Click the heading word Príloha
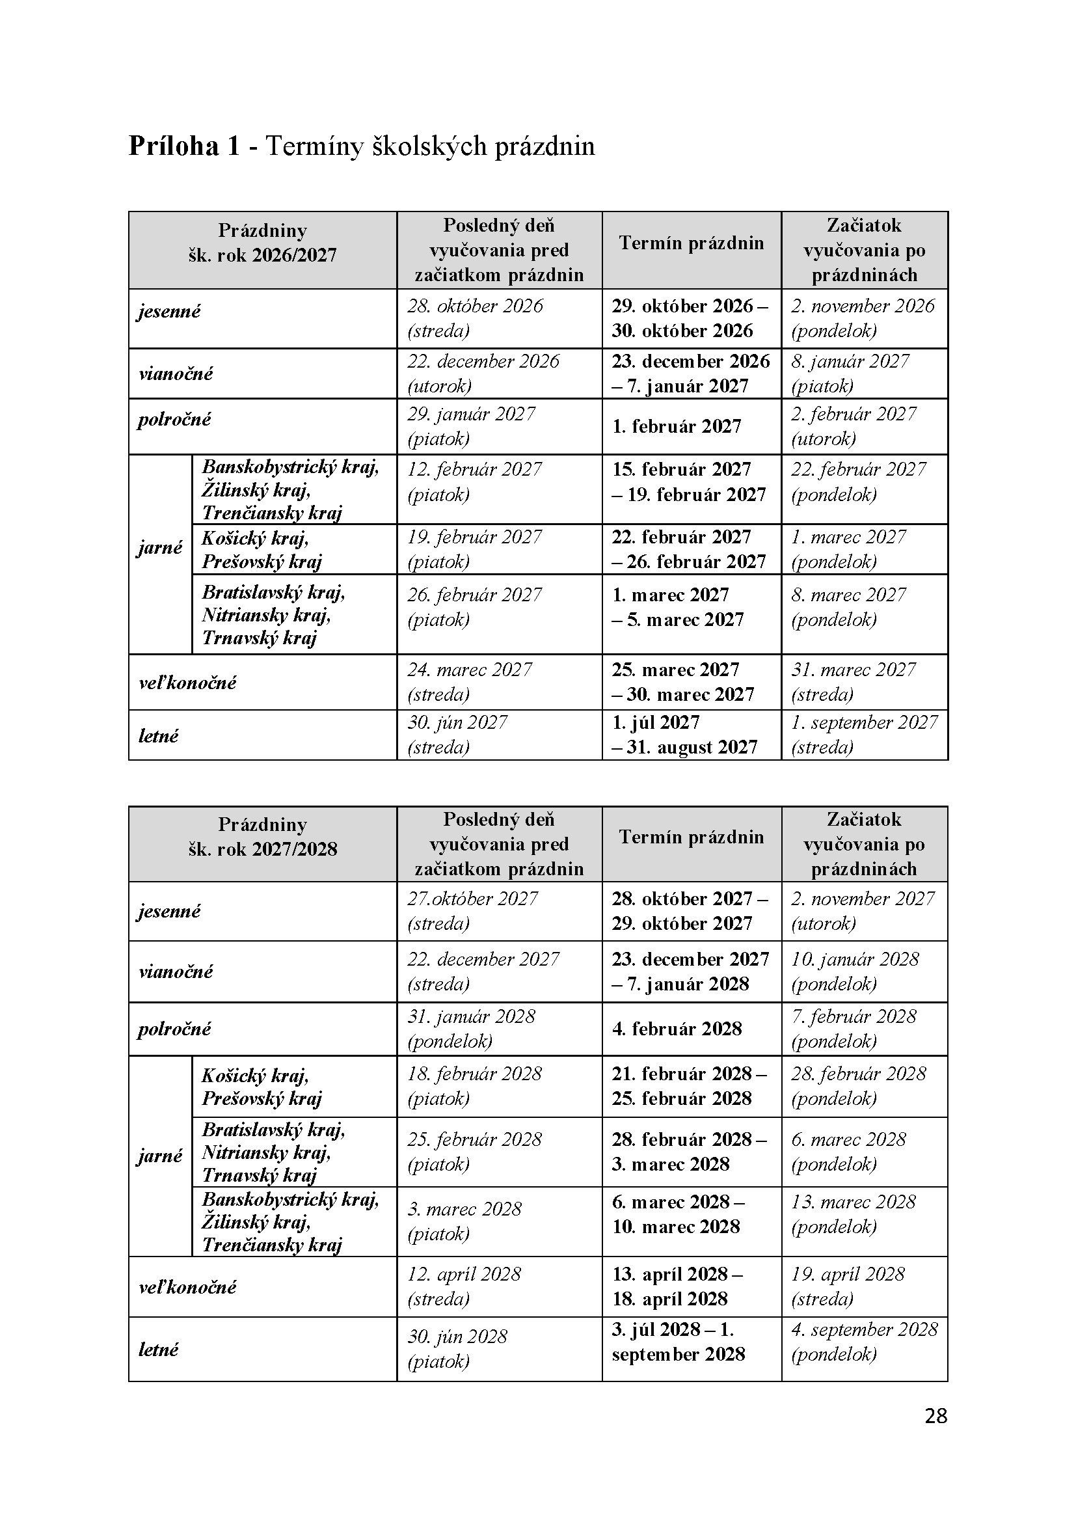pos(173,146)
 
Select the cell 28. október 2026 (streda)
pos(475,318)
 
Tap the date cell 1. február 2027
pos(677,426)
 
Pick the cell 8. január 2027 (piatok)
pos(850,374)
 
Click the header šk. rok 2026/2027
pos(262,255)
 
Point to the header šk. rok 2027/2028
pos(262,849)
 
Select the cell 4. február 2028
pos(677,1029)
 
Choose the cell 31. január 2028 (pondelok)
pos(471,1029)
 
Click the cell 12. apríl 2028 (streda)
pos(464,1286)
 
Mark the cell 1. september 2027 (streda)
pos(864,735)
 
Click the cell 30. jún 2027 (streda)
pos(457,735)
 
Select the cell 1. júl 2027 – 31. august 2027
pos(684,735)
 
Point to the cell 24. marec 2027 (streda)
pos(469,681)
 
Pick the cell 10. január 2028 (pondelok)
pos(855,971)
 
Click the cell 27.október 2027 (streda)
pos(472,911)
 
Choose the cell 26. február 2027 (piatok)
pos(474,607)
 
